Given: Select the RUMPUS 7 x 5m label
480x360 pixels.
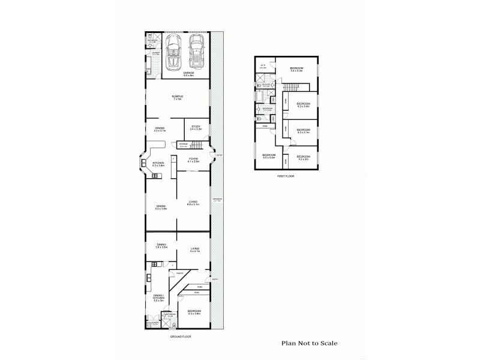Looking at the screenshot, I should point(178,97).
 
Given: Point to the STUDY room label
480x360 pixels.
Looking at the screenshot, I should point(196,127).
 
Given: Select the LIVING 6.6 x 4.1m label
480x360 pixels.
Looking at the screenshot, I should point(193,203).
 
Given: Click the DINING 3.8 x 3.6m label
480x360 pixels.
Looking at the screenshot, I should point(161,245).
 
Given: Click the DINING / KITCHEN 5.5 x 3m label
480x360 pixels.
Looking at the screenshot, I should point(158,298).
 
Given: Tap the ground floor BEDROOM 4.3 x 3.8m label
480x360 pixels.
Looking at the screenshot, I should point(194,313).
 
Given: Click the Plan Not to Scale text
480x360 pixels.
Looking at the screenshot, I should point(310,344).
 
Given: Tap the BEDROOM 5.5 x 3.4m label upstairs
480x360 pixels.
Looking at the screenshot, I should point(268,157).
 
